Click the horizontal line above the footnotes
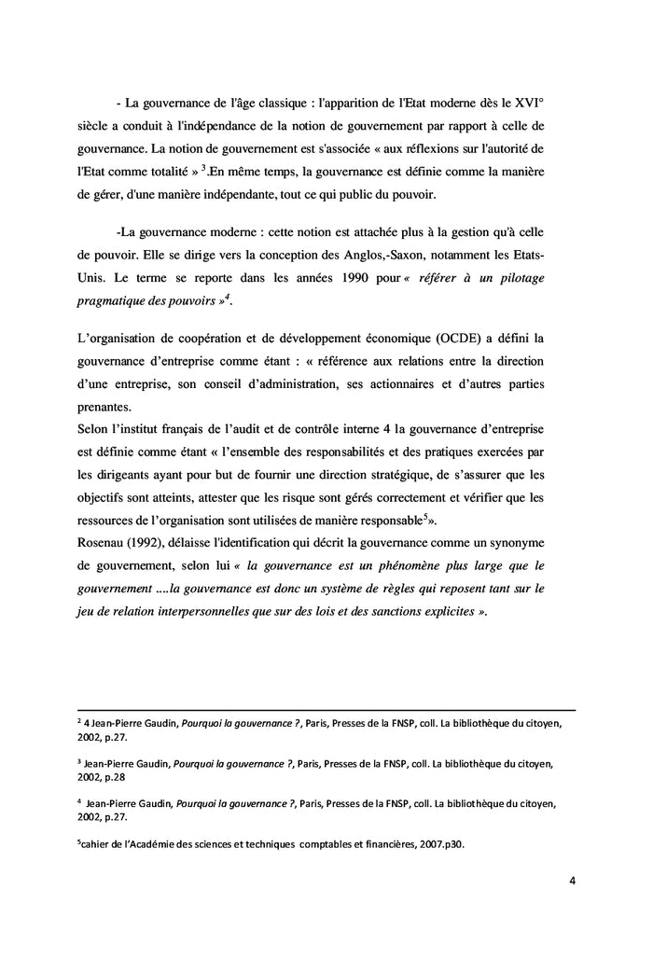(x=326, y=708)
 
